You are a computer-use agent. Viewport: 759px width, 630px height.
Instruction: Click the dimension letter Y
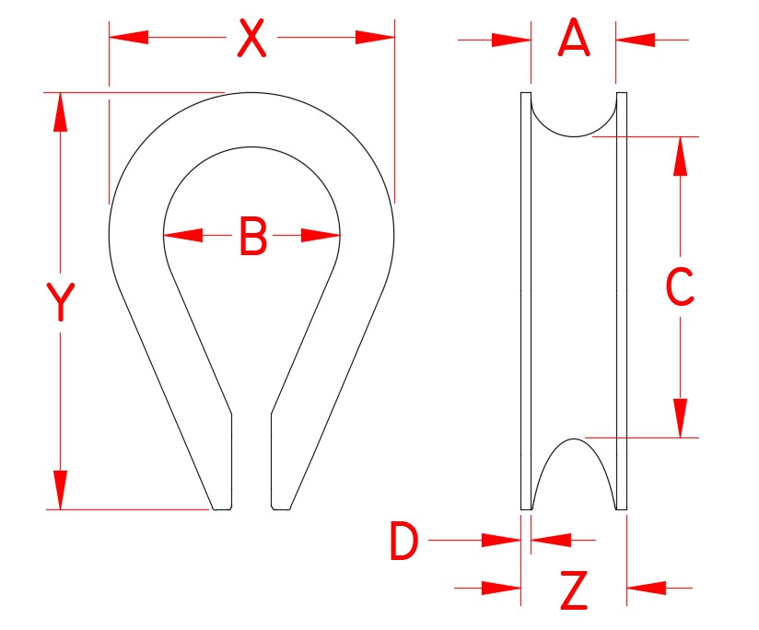60,303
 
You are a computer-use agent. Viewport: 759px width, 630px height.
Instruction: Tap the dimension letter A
574,40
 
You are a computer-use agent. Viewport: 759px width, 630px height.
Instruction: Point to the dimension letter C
680,288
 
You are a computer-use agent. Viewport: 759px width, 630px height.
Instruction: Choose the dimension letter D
403,542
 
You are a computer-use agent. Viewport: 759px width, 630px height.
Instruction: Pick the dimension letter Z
574,591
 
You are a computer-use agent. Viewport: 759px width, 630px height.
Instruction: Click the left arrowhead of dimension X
129,38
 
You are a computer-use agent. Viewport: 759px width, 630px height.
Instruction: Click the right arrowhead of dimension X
375,38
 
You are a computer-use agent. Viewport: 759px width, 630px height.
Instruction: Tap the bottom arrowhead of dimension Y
60,489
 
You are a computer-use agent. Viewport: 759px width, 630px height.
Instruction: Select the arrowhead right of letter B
321,236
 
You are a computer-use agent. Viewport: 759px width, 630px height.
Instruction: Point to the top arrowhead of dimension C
680,156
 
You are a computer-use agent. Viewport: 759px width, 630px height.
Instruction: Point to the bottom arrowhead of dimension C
680,418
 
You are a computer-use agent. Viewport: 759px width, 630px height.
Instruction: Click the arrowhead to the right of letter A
636,41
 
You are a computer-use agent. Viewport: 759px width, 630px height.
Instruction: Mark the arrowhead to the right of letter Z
647,587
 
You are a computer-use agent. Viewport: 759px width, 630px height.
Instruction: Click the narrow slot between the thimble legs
251,461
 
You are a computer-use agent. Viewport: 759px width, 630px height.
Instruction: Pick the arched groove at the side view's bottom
573,474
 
